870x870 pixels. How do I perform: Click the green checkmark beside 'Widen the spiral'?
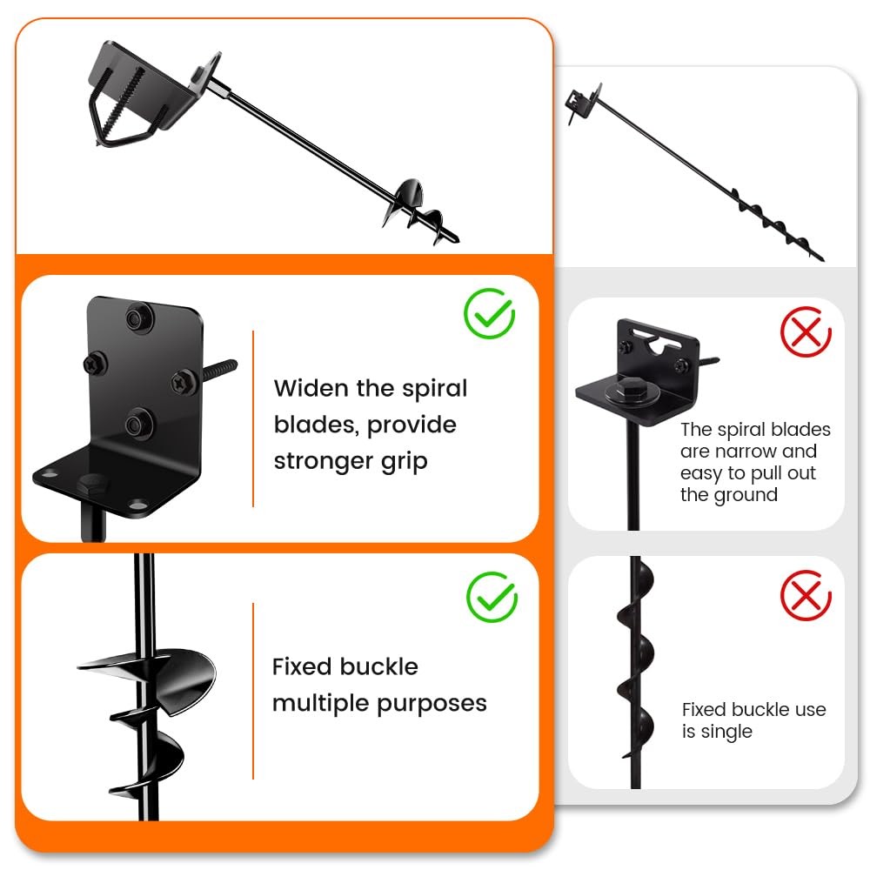pos(489,313)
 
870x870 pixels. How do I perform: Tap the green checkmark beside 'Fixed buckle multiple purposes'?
pos(492,597)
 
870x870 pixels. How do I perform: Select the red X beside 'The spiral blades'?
pos(806,331)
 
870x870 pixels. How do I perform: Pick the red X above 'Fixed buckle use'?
pos(806,595)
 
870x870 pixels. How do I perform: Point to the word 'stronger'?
pos(323,462)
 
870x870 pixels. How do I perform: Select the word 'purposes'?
pos(432,705)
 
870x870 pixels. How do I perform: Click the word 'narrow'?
pos(745,451)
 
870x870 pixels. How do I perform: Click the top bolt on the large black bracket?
pos(136,318)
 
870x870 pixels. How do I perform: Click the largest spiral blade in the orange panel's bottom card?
pos(166,678)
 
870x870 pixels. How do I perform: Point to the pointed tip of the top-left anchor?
pos(458,240)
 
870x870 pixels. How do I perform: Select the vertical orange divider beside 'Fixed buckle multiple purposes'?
pos(253,691)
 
